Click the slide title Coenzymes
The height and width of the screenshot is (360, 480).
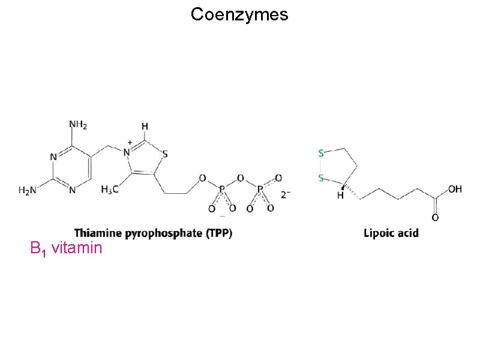click(x=239, y=14)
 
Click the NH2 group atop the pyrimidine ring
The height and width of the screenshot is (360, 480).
click(x=77, y=125)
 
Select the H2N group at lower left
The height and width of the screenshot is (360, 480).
click(x=27, y=190)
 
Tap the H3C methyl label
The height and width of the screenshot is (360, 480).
click(x=109, y=190)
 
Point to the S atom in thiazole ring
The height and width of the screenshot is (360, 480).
click(x=166, y=153)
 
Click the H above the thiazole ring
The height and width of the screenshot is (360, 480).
click(x=145, y=127)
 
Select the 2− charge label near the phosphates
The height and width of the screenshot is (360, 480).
click(x=286, y=194)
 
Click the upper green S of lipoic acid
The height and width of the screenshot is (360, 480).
click(x=321, y=153)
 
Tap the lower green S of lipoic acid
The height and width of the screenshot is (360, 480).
click(x=321, y=178)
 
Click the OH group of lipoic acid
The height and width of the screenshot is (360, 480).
click(x=455, y=188)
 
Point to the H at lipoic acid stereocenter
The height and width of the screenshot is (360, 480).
click(x=340, y=195)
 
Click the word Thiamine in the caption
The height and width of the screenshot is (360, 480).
click(x=98, y=232)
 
